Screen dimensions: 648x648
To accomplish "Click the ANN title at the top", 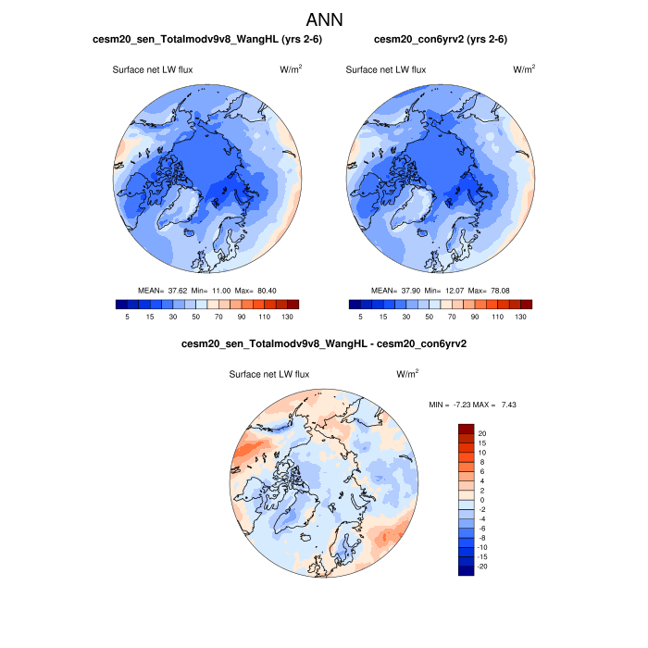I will pos(324,19).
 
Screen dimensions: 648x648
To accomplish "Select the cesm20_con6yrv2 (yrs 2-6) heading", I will pos(440,40).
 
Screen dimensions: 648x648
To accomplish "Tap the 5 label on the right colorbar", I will pos(361,317).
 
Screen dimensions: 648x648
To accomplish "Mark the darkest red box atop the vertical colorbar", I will pos(467,429).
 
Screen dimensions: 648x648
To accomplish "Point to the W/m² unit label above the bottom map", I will pos(407,374).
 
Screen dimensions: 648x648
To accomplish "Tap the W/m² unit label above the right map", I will pos(524,69).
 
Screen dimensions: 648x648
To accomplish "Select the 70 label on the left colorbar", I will pos(219,317).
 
